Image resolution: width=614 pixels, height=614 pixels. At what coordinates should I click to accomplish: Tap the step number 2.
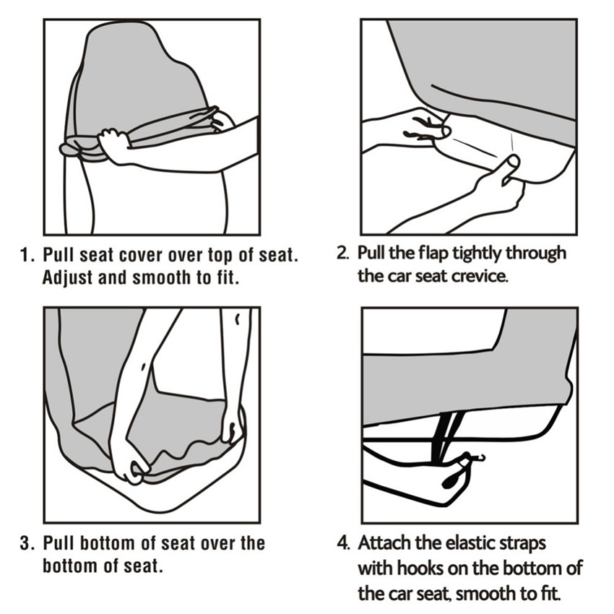pos(343,253)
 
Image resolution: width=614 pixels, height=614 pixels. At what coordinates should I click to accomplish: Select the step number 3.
pos(27,543)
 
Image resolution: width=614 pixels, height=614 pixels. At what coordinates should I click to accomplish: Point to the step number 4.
pos(343,543)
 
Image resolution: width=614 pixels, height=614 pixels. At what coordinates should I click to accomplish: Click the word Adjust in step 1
pos(68,278)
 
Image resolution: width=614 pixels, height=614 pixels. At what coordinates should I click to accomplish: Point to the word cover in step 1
pos(140,255)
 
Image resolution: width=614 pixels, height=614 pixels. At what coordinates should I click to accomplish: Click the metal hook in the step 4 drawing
pos(477,457)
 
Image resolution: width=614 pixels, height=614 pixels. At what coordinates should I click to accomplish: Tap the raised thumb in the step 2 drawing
pos(510,166)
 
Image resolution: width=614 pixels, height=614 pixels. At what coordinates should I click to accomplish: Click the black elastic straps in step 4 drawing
pos(446,436)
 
